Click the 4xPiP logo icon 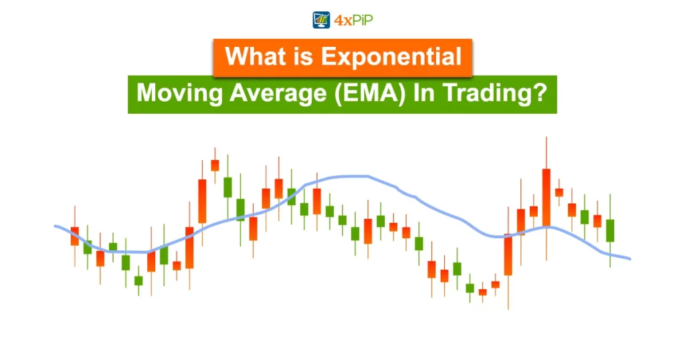click(322, 19)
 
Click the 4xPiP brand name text click(353, 20)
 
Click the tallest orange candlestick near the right click(547, 197)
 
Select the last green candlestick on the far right click(610, 230)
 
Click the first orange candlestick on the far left click(75, 236)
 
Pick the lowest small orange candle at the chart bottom click(482, 292)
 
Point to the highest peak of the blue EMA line click(351, 176)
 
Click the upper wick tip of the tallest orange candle click(547, 137)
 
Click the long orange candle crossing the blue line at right click(508, 254)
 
